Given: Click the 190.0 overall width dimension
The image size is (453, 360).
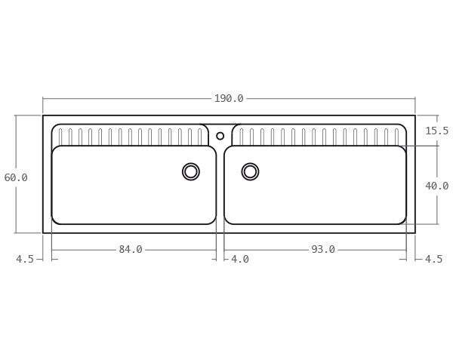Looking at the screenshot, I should pyautogui.click(x=228, y=99).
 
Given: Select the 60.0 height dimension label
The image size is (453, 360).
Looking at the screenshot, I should pyautogui.click(x=16, y=178).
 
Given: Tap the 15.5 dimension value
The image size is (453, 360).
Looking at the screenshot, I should pyautogui.click(x=436, y=131).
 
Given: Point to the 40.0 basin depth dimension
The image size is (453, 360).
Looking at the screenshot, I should pyautogui.click(x=436, y=186).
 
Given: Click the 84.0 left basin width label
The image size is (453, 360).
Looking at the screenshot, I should pyautogui.click(x=130, y=250).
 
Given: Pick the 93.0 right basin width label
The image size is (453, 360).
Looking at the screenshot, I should pyautogui.click(x=322, y=250).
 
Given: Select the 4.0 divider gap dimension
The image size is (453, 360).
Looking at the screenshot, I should pyautogui.click(x=239, y=260).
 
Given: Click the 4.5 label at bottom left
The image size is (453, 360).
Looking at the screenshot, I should pyautogui.click(x=25, y=260).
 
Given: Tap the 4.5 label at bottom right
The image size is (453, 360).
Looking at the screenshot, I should pyautogui.click(x=433, y=260).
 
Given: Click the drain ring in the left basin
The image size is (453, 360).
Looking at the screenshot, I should pyautogui.click(x=191, y=172).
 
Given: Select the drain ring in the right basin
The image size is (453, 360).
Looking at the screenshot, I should pyautogui.click(x=250, y=172).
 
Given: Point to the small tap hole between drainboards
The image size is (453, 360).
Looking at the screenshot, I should pyautogui.click(x=220, y=136).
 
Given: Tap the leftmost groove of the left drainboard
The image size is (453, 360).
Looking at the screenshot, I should pyautogui.click(x=60, y=137).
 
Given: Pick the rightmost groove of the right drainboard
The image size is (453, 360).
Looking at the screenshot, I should pyautogui.click(x=396, y=137).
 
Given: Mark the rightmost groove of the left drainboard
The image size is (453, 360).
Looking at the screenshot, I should pyautogui.click(x=199, y=137).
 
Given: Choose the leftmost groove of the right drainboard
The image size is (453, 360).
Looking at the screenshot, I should pyautogui.click(x=242, y=137).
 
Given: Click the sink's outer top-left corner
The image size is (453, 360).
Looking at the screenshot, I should pyautogui.click(x=43, y=115).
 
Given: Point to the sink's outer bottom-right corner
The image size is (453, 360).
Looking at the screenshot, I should pyautogui.click(x=414, y=232).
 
